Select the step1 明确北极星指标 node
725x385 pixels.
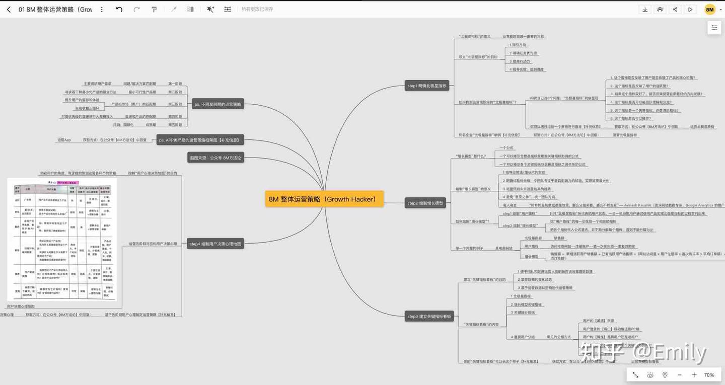pyautogui.click(x=426, y=86)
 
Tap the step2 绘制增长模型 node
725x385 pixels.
pyautogui.click(x=426, y=203)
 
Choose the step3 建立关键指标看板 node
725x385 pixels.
pyautogui.click(x=429, y=317)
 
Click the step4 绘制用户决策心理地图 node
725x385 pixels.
pyautogui.click(x=215, y=244)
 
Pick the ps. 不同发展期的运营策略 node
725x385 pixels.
pyautogui.click(x=217, y=105)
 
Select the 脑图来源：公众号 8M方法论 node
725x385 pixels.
pyautogui.click(x=215, y=158)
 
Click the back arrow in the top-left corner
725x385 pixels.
pyautogui.click(x=9, y=10)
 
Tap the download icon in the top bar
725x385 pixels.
pyautogui.click(x=645, y=10)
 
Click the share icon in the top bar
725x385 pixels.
pyautogui.click(x=675, y=10)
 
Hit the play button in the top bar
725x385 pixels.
pyautogui.click(x=690, y=10)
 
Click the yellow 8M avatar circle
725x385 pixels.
pyautogui.click(x=710, y=10)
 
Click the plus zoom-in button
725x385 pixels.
pyautogui.click(x=694, y=375)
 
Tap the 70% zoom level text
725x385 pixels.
pyautogui.click(x=709, y=375)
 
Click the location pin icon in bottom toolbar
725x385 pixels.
pyautogui.click(x=665, y=375)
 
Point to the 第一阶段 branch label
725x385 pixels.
pyautogui.click(x=175, y=84)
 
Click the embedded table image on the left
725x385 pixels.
pyautogui.click(x=62, y=239)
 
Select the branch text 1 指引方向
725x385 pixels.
pyautogui.click(x=518, y=45)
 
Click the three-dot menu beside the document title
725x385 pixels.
pyautogui.click(x=102, y=10)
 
